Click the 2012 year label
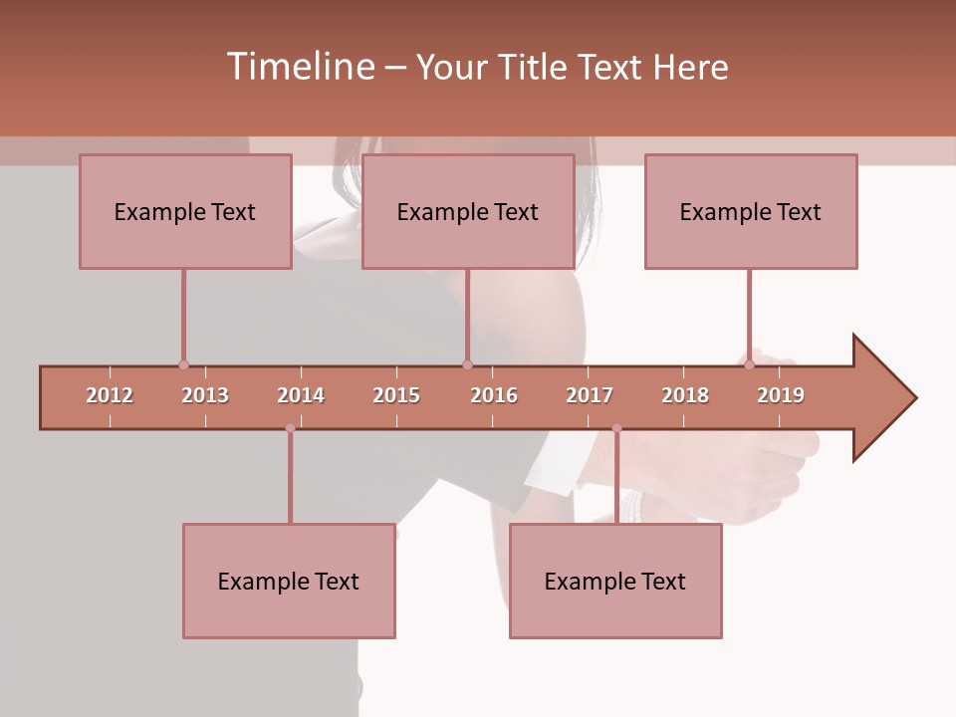[x=110, y=395]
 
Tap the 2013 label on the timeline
[x=205, y=395]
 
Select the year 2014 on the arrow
[x=301, y=395]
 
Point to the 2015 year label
[x=396, y=395]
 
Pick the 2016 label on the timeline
[x=494, y=395]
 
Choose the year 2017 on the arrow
[x=590, y=395]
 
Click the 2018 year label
[x=685, y=395]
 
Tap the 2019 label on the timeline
[x=781, y=395]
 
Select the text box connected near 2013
[x=185, y=211]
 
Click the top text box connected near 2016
[x=468, y=211]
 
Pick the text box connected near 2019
[x=751, y=211]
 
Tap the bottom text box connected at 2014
[x=289, y=581]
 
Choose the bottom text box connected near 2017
[x=615, y=581]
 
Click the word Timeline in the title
[x=299, y=67]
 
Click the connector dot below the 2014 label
[x=290, y=428]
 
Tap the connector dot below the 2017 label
[x=616, y=428]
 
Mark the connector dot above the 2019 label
[x=749, y=364]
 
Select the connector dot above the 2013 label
[x=183, y=364]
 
